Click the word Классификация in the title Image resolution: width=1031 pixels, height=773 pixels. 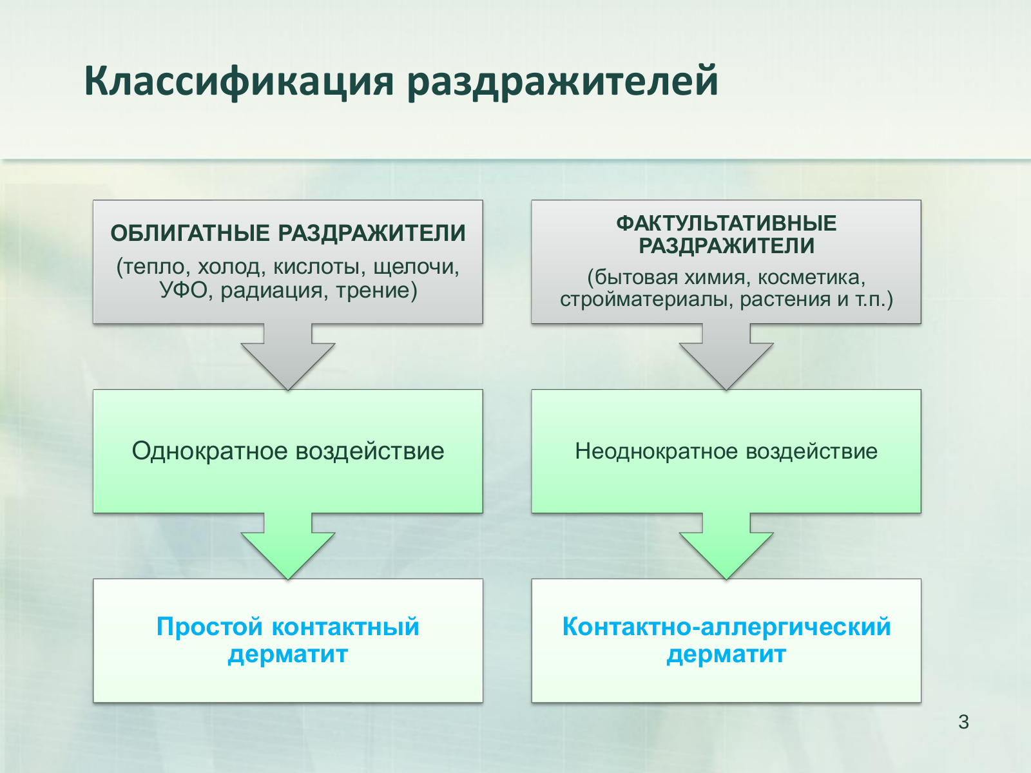point(238,82)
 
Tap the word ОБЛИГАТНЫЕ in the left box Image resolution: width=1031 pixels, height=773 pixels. point(190,233)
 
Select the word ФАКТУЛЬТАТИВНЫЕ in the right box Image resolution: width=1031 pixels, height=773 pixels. point(726,224)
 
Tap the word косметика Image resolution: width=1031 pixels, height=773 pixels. point(811,278)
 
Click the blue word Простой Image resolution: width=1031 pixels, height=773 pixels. point(209,627)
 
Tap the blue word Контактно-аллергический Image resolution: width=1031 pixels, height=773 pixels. point(726,627)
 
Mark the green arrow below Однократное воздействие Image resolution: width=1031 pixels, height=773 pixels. point(288,546)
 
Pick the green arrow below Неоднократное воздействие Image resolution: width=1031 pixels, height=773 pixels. point(726,546)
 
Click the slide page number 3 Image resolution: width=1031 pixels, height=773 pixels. point(963,722)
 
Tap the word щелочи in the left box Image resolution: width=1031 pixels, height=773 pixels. point(416,267)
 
